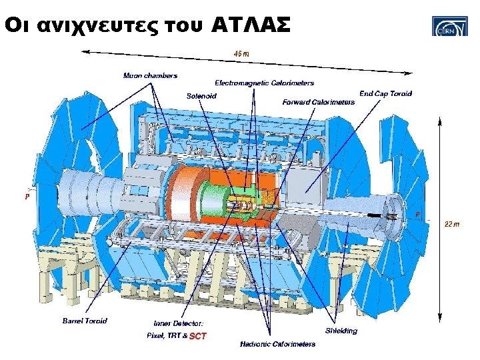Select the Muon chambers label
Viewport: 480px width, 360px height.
(150, 75)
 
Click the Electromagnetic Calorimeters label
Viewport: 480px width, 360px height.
(264, 83)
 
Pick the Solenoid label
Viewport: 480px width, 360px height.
(201, 96)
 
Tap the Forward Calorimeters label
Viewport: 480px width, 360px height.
(319, 102)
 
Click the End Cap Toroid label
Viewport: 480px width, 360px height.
(385, 93)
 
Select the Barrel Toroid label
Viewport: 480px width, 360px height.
(85, 321)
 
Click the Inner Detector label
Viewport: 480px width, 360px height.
(178, 323)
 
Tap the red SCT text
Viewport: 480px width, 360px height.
(198, 336)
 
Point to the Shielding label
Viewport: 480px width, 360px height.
(341, 331)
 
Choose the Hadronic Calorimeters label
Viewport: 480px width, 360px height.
(277, 344)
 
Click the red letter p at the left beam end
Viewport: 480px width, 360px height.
(27, 197)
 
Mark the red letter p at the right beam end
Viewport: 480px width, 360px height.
(417, 214)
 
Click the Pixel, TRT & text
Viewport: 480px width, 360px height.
(167, 335)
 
